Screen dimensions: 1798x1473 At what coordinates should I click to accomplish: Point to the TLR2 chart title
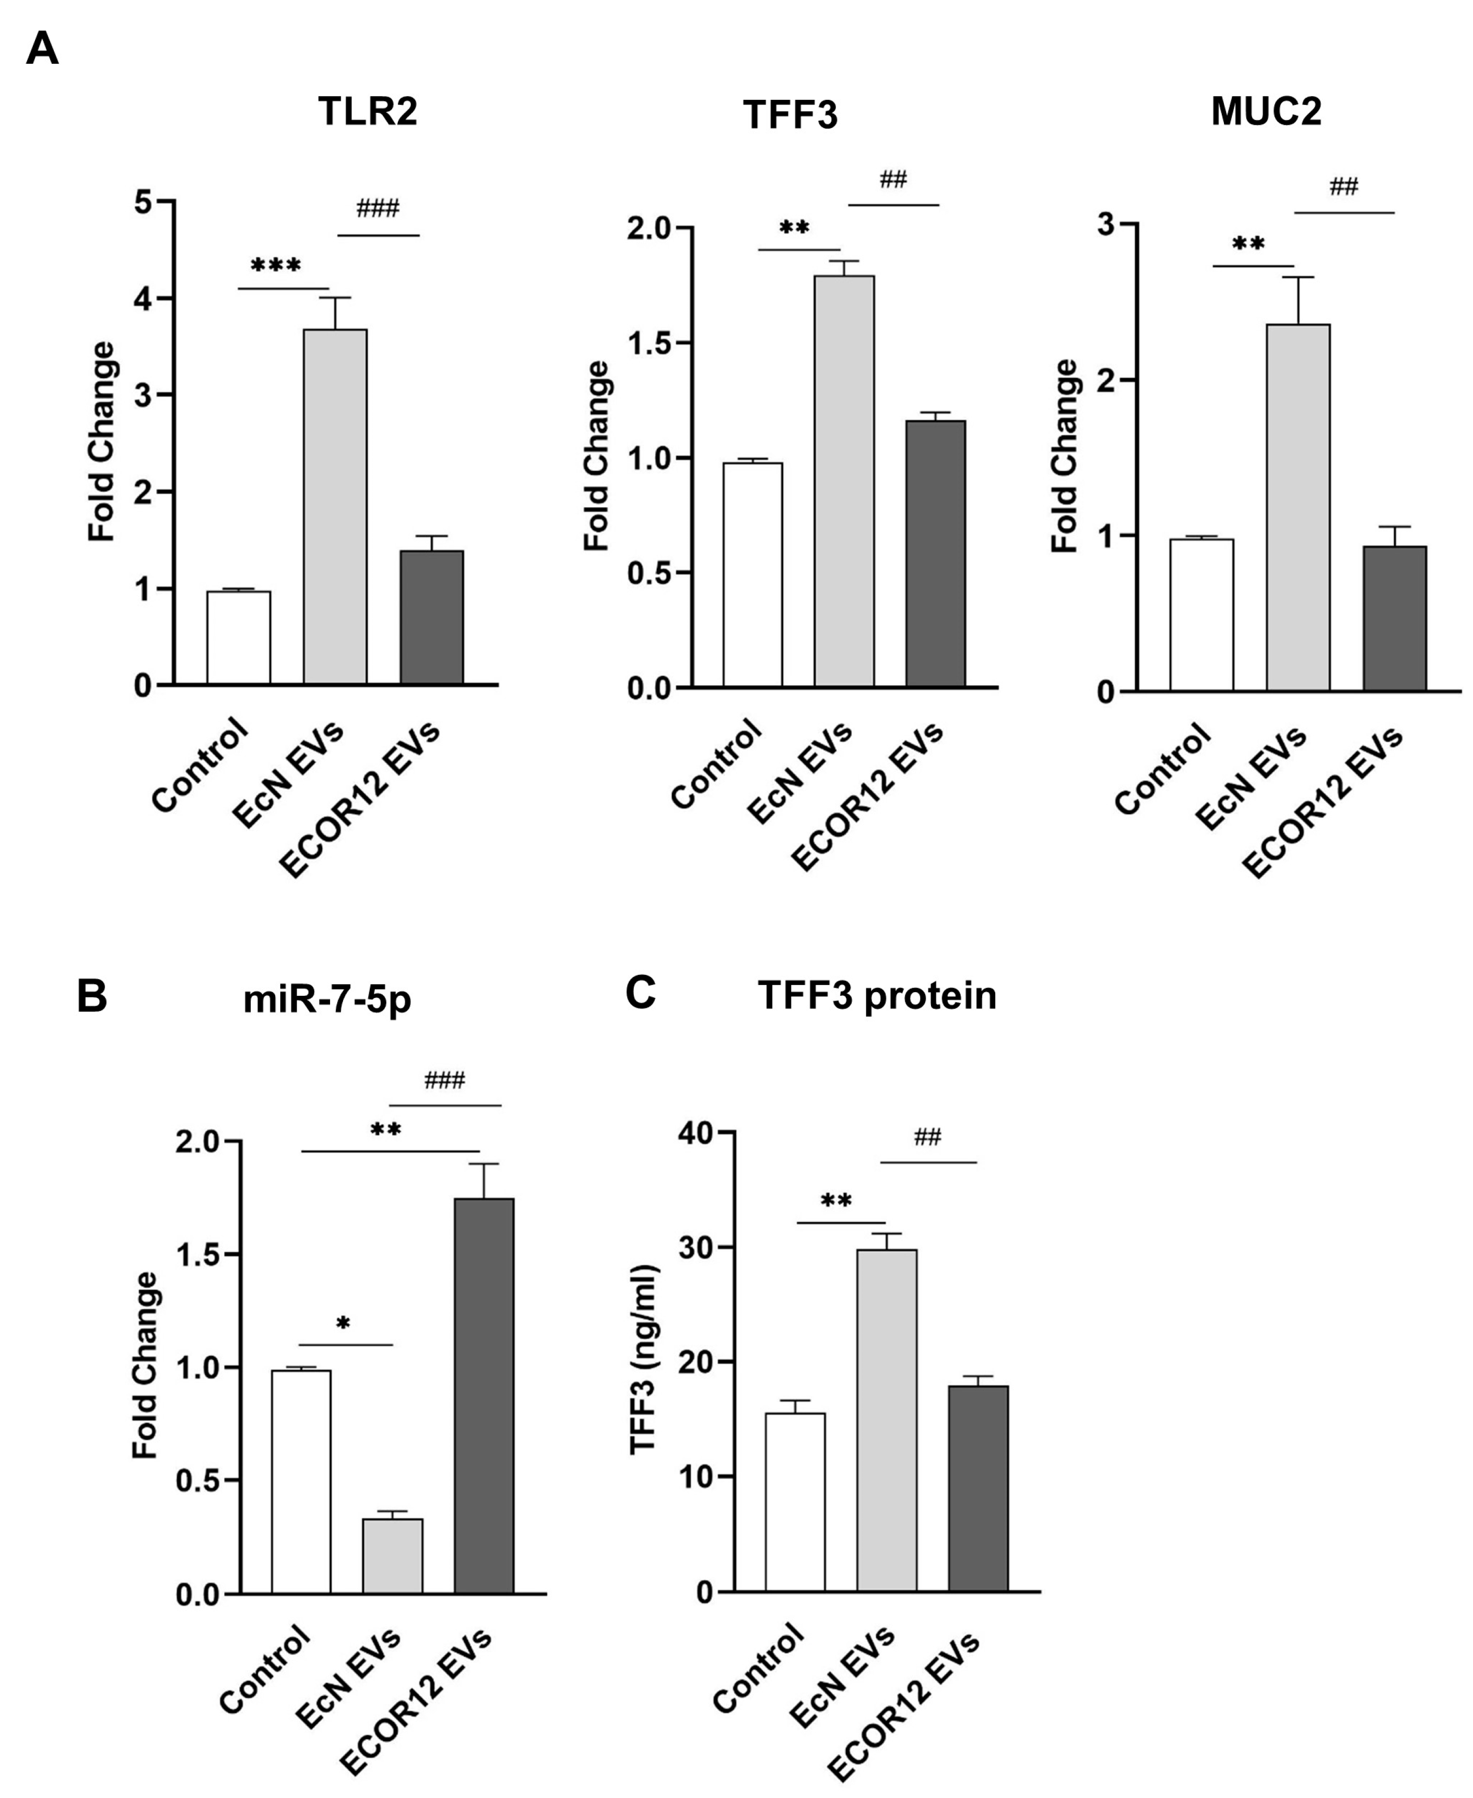coord(368,111)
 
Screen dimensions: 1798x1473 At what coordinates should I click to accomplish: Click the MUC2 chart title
coord(1265,111)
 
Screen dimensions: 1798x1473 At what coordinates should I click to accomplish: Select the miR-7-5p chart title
coord(327,998)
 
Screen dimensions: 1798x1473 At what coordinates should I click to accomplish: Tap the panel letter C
coord(641,992)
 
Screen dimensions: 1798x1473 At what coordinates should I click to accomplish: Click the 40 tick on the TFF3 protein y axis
coord(696,1133)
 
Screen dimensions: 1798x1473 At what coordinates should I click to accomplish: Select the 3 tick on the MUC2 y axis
coord(1105,225)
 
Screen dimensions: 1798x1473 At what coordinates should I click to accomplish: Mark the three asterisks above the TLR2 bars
coord(276,266)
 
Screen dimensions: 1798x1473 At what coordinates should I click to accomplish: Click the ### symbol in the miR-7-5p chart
coord(445,1080)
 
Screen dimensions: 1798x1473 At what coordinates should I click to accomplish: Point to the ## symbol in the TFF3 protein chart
coord(927,1137)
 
